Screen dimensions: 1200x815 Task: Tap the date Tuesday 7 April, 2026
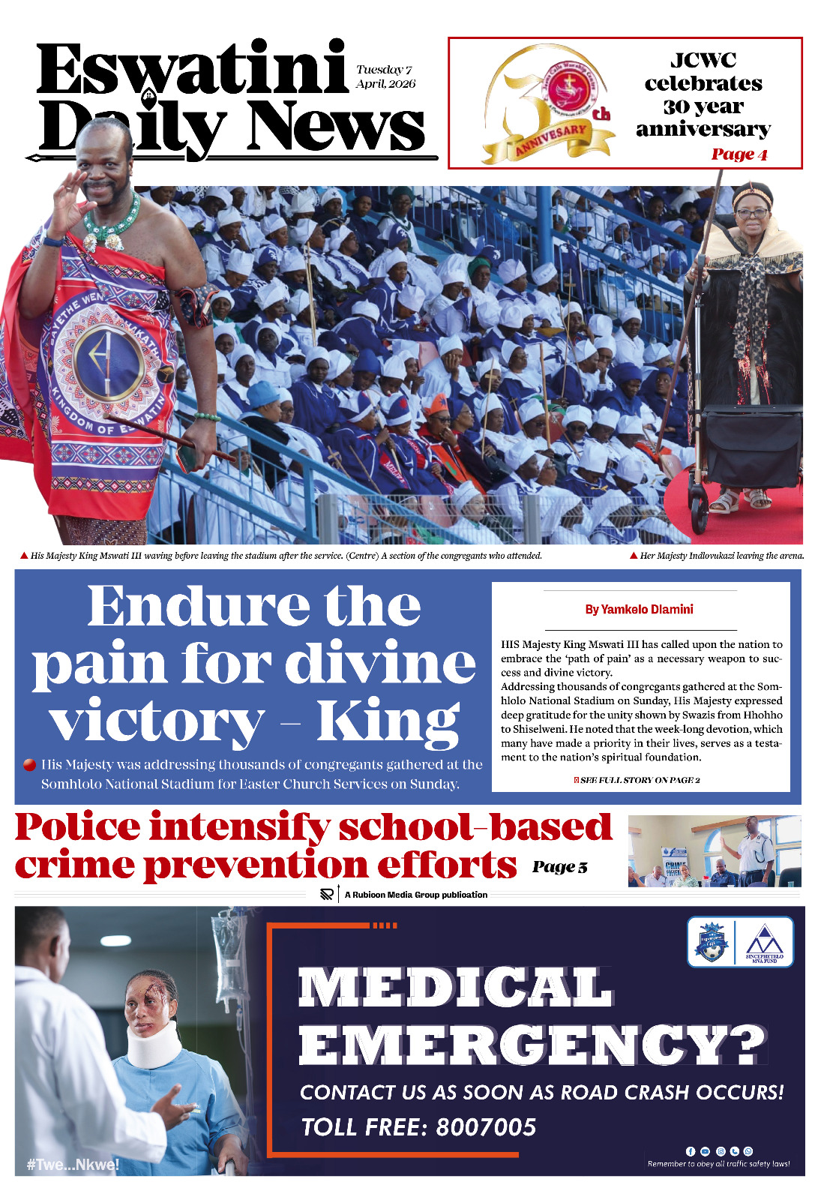point(385,76)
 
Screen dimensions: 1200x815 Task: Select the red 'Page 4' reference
point(739,154)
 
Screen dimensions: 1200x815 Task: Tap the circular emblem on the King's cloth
point(109,362)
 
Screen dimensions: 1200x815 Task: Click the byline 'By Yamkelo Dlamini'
point(639,609)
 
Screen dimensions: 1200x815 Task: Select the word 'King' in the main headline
point(388,721)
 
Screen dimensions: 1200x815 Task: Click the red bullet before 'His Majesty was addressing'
point(29,765)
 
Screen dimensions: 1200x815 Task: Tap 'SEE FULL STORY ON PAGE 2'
point(640,780)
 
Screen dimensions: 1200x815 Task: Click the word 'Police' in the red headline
point(77,827)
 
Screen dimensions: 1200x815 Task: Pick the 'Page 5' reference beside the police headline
point(559,867)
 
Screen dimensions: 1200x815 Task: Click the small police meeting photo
point(714,851)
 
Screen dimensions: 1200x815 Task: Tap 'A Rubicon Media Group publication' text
point(415,895)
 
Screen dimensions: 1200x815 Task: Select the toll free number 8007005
point(486,1127)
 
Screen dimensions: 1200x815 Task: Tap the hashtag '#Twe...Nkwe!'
point(72,1165)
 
